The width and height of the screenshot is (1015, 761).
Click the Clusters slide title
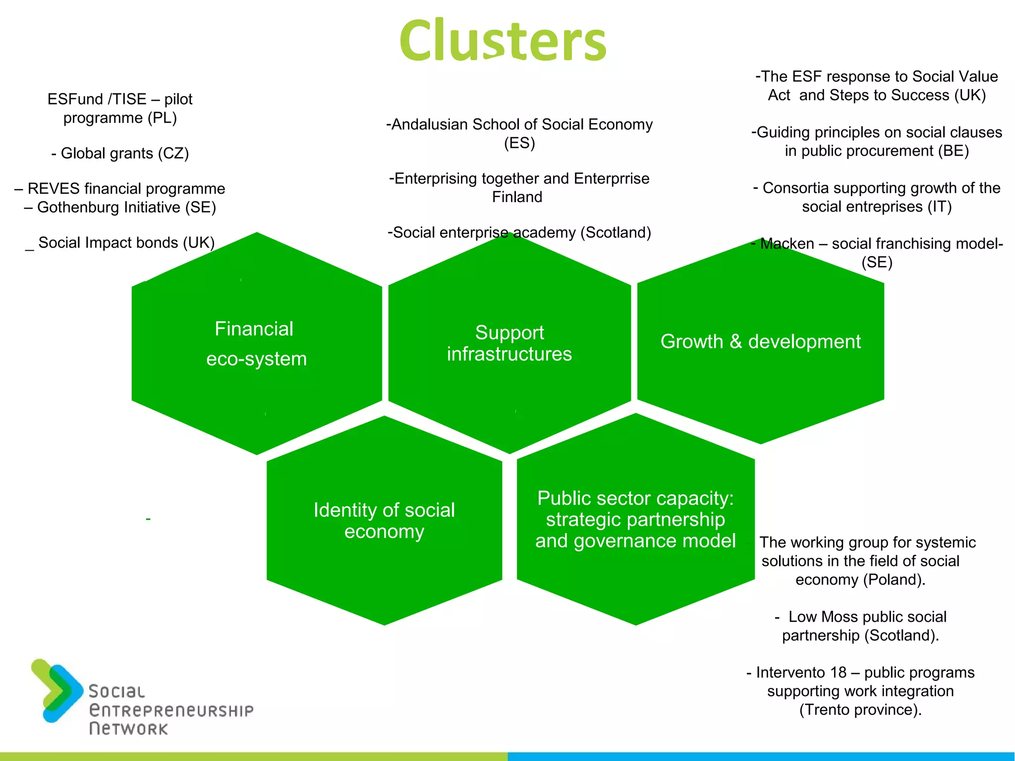503,41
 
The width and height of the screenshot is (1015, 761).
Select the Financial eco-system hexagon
256,344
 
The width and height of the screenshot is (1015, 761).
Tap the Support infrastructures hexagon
509,343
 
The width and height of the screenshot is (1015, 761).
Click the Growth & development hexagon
760,342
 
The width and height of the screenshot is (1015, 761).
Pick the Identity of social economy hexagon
384,520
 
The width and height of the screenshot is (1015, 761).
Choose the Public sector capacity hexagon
635,519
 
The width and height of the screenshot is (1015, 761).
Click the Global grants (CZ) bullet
120,153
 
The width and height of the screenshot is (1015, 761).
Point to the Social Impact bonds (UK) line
120,243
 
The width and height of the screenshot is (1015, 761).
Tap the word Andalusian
430,124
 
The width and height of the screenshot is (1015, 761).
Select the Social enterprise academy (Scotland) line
519,232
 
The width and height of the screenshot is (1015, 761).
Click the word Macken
787,244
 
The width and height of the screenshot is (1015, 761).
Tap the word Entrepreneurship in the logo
171,710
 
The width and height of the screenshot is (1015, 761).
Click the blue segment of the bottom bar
761,756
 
